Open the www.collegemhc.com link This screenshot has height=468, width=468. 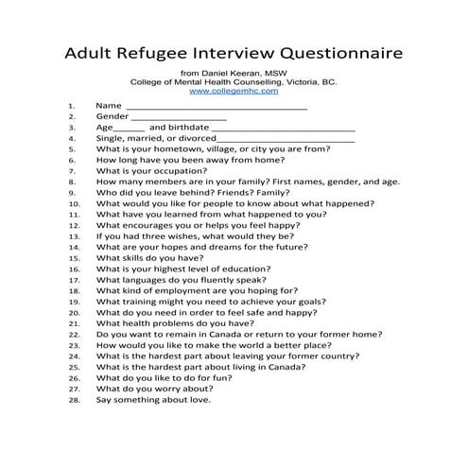click(x=234, y=92)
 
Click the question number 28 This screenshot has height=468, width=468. click(x=72, y=401)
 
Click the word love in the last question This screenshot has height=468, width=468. click(x=199, y=401)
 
